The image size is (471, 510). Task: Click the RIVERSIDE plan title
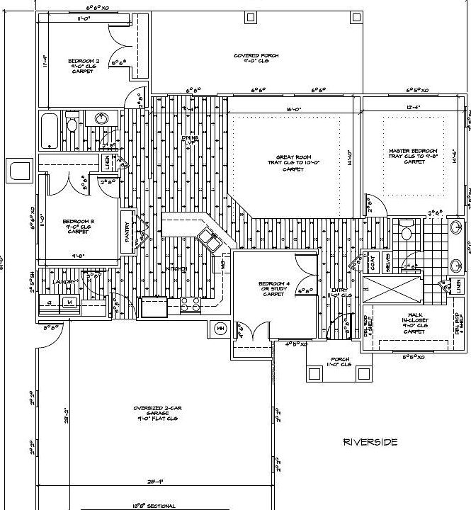[370, 442]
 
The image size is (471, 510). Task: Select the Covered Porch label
[256, 58]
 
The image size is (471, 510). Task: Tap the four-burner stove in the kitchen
[190, 306]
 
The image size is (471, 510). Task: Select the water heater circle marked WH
[220, 329]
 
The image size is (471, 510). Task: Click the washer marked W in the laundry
[69, 302]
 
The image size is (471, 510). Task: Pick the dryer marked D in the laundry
[50, 302]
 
